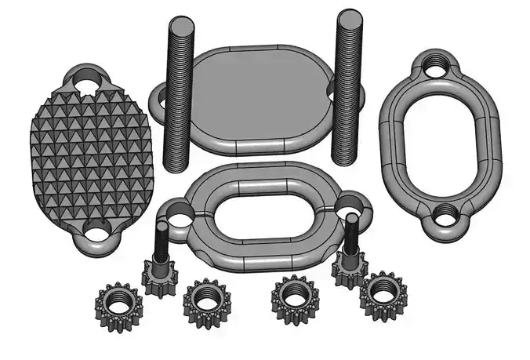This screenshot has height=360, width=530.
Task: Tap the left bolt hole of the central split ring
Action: [x=177, y=212]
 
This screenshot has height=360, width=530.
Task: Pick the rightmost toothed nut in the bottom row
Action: [x=383, y=293]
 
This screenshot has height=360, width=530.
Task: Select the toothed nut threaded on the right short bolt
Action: [x=349, y=267]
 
